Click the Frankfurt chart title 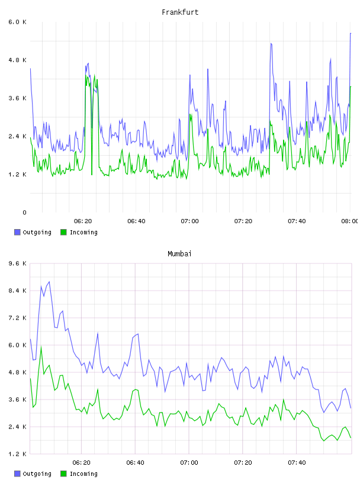tap(180, 12)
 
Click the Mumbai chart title tap(179, 254)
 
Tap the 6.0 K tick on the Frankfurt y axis tap(17, 22)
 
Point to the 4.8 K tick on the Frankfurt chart tap(17, 60)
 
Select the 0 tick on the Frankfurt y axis tap(24, 212)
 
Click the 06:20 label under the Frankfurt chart tap(83, 221)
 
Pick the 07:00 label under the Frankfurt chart tap(189, 221)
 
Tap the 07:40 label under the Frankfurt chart tap(297, 221)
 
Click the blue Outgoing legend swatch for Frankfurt tap(17, 232)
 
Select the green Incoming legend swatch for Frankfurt tap(63, 232)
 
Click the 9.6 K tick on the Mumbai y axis tap(17, 263)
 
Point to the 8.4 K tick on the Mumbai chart tap(17, 291)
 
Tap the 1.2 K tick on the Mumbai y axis tap(17, 454)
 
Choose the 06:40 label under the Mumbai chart tap(135, 463)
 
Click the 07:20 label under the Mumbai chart tap(243, 463)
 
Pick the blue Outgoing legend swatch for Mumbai tap(17, 474)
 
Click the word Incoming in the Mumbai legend tap(83, 474)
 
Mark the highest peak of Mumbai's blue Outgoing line tap(49, 282)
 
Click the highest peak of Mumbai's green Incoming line tap(41, 347)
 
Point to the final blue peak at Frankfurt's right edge tap(351, 33)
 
